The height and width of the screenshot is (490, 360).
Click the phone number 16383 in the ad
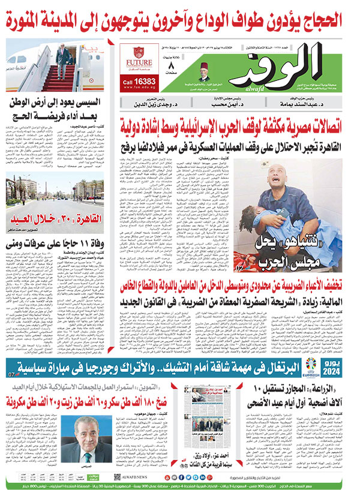tap(145, 81)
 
